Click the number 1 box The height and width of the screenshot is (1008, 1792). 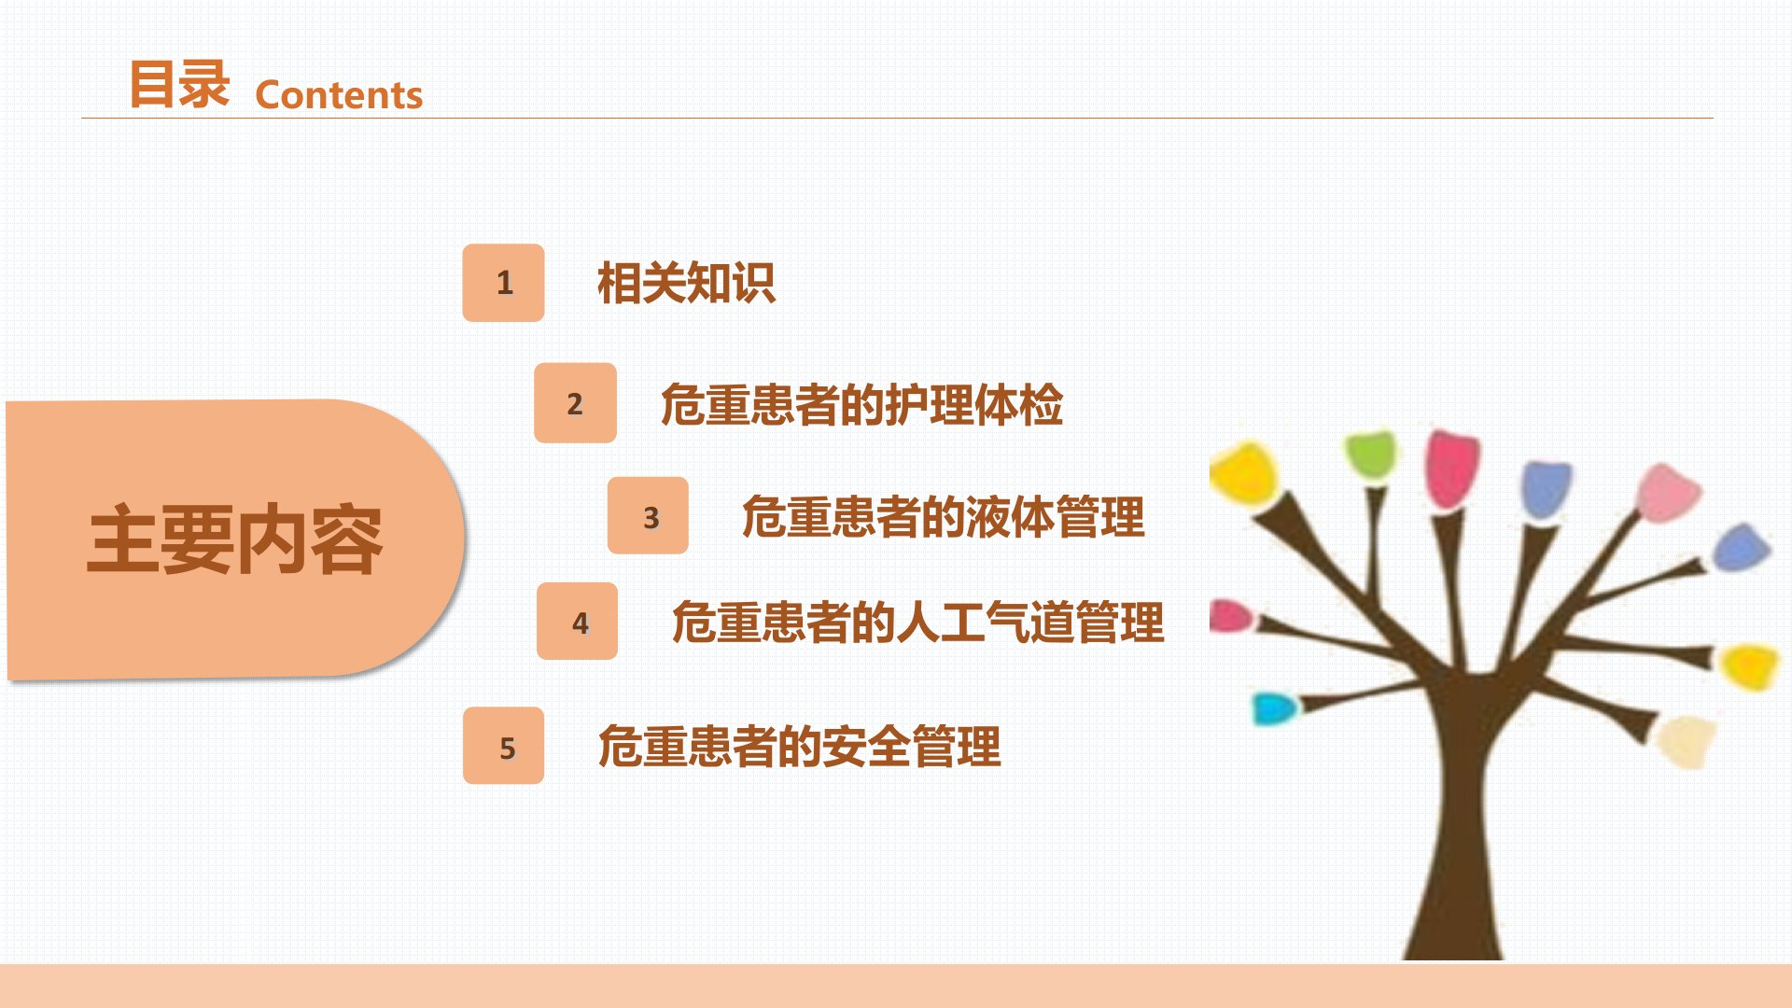tap(503, 283)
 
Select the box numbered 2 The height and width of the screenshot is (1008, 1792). tap(575, 402)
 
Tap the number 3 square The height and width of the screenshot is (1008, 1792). tap(648, 515)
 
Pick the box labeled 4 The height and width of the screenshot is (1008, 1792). tap(577, 622)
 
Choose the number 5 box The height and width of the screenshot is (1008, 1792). tap(503, 746)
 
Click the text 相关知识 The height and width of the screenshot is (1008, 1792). tap(686, 283)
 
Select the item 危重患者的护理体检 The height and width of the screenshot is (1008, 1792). tap(861, 405)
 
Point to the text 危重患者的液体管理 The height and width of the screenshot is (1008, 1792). tap(943, 517)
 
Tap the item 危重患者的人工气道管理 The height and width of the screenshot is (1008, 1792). tap(918, 623)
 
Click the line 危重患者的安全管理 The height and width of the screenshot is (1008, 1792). tap(799, 747)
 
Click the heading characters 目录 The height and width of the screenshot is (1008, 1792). tap(179, 84)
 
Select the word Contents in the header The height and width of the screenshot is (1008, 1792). tap(339, 95)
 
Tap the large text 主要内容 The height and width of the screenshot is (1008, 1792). tap(235, 539)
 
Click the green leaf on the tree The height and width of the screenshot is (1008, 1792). tap(1371, 454)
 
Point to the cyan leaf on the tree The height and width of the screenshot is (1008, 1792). tap(1274, 708)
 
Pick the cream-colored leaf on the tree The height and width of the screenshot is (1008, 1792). tap(1687, 740)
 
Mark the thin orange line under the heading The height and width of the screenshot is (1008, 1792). tap(897, 119)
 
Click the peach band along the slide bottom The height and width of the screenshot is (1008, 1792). tap(896, 986)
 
